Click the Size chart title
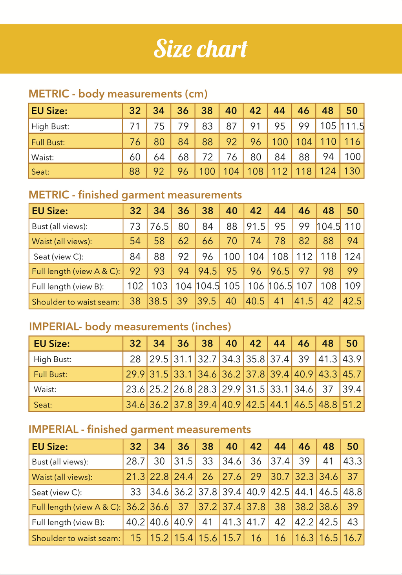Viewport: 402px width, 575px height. [201, 49]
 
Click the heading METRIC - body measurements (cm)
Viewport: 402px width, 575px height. [118, 94]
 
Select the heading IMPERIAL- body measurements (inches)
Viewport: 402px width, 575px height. [130, 327]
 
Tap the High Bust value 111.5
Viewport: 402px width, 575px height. [352, 126]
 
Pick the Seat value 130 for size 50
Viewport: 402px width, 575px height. [352, 171]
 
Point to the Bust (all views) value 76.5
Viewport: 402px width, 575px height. [159, 227]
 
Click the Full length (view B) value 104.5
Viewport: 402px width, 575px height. [207, 286]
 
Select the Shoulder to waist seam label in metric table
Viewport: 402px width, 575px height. [75, 302]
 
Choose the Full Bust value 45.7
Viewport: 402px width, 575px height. [352, 374]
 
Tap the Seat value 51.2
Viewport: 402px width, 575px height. [352, 405]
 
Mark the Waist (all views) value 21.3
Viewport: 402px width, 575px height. [135, 477]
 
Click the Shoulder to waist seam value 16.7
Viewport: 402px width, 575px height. [352, 538]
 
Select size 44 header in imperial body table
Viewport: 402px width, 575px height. [280, 344]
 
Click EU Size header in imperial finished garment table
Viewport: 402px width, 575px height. [50, 447]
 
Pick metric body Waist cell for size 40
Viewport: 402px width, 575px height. [232, 157]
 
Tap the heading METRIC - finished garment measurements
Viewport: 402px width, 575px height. [135, 195]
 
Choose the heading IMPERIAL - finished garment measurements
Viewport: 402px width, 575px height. [140, 429]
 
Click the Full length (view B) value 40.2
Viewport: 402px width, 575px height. [135, 522]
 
